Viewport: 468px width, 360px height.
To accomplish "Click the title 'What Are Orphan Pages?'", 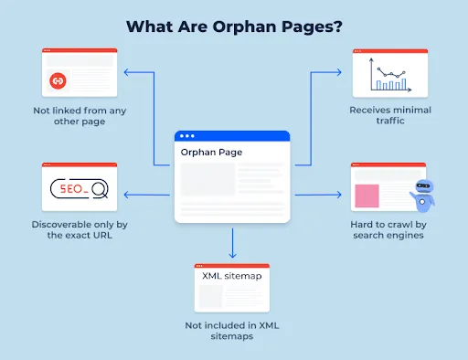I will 233,26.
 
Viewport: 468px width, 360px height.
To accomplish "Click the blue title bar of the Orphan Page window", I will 232,136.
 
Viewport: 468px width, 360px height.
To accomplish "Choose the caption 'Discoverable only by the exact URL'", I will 80,229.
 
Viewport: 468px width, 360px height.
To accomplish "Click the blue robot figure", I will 422,195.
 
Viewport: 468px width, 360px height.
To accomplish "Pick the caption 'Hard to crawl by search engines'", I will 388,229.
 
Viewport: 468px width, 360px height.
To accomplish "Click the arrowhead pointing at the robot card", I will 341,195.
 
